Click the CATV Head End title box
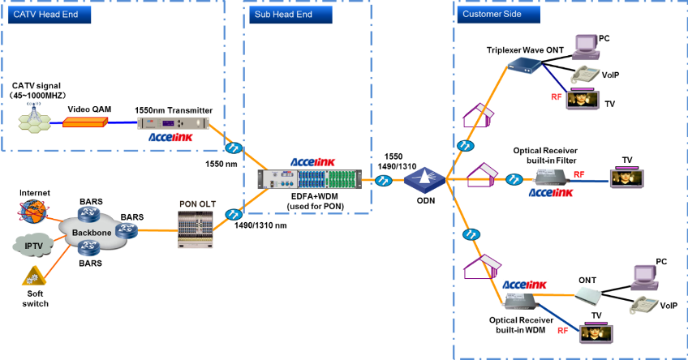[x=47, y=15]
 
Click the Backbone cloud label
[x=91, y=233]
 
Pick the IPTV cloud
[x=33, y=244]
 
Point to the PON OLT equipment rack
[x=195, y=229]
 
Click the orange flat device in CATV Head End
[x=85, y=122]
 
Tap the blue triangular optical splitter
[x=425, y=178]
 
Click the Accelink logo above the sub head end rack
[x=313, y=161]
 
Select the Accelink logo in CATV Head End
[x=171, y=137]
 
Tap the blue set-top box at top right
[x=523, y=64]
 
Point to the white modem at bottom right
[x=588, y=295]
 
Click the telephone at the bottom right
[x=644, y=305]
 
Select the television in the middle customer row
[x=626, y=178]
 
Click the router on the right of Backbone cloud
[x=126, y=230]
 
